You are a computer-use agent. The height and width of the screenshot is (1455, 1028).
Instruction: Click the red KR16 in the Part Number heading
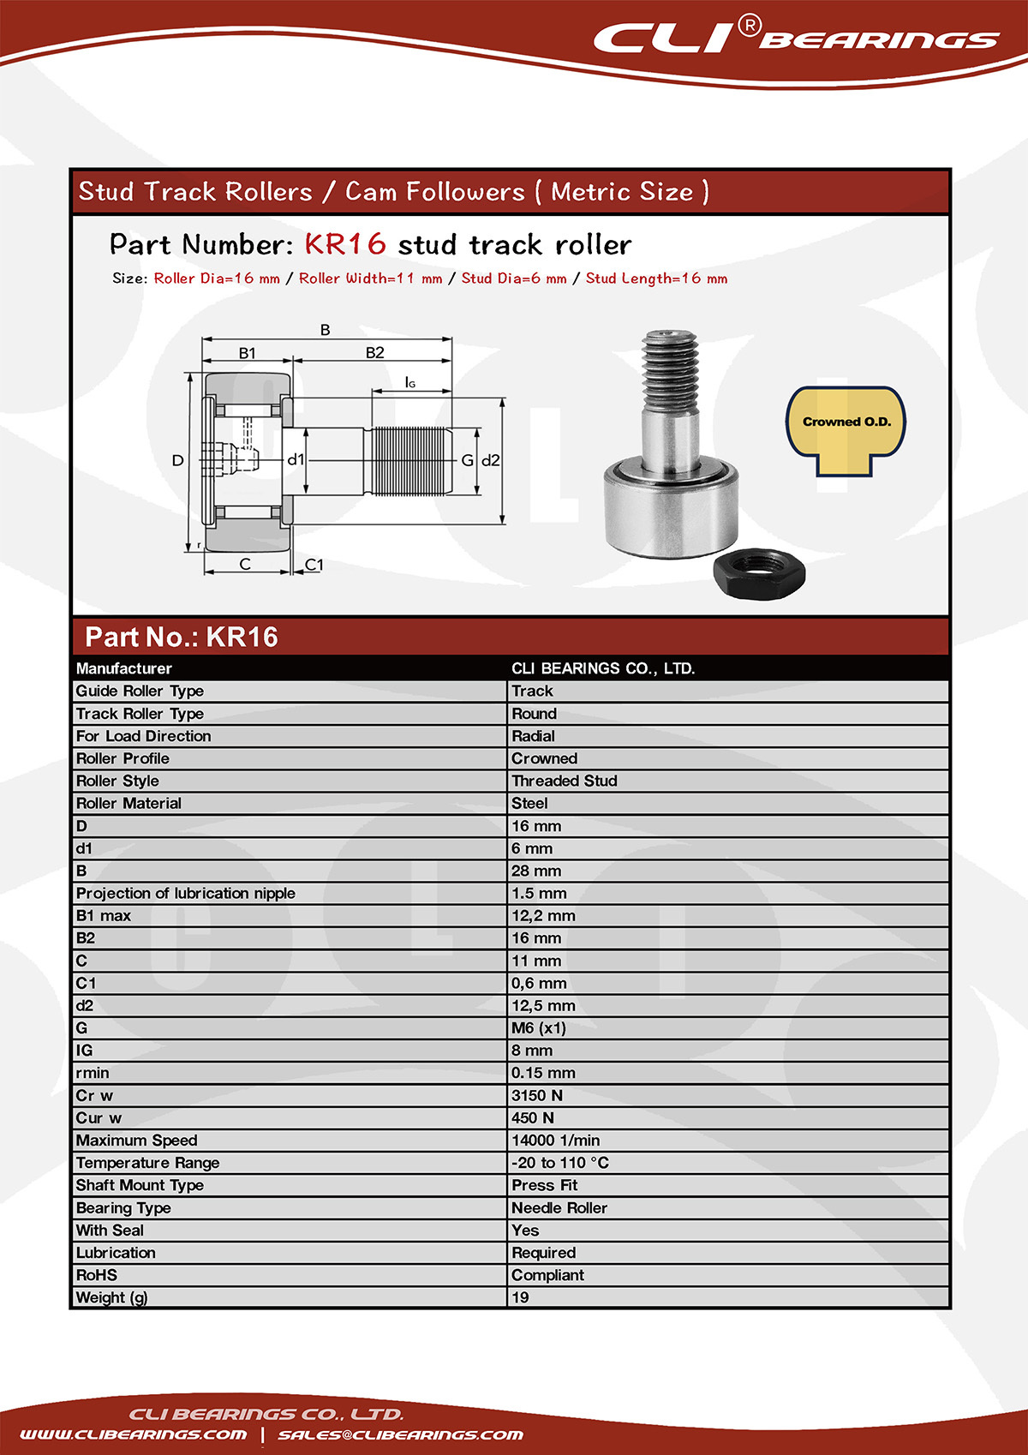345,245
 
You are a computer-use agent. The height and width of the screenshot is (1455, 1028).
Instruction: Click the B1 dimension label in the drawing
247,353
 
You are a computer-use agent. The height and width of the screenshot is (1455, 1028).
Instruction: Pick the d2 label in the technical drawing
491,460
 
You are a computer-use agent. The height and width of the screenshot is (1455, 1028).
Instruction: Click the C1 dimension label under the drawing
314,565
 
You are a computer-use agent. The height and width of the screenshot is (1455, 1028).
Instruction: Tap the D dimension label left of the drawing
177,460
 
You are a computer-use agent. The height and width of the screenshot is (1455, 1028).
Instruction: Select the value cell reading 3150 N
537,1095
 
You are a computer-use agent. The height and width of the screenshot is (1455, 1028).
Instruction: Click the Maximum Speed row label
136,1141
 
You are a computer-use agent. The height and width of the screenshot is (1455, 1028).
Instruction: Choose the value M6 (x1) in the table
539,1028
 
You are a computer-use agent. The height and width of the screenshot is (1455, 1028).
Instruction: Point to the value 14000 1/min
555,1141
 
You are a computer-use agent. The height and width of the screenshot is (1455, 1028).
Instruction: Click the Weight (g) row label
111,1297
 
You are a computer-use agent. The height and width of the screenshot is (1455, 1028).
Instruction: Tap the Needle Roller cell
559,1207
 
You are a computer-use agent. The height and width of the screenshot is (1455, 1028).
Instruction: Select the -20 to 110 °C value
560,1163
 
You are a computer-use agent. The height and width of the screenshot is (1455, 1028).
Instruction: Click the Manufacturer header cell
123,668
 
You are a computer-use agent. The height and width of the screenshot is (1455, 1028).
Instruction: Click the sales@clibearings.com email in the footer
400,1434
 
